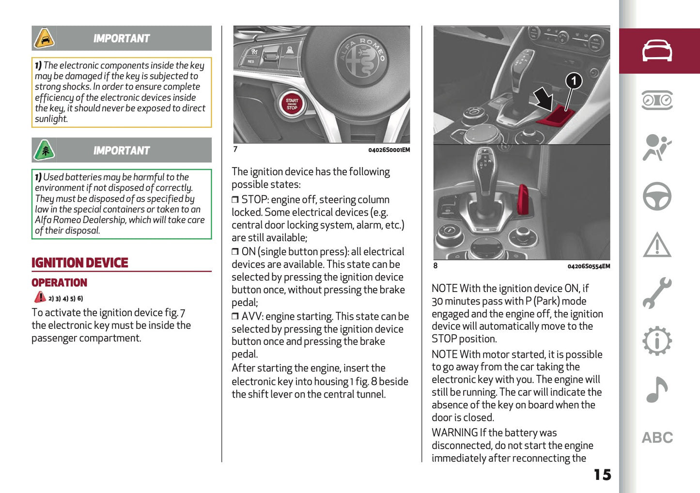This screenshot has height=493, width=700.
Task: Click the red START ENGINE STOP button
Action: coord(292,104)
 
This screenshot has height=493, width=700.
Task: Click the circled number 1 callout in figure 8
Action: coord(574,81)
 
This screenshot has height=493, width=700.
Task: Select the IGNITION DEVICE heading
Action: coord(80,263)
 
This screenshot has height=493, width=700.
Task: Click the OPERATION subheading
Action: coord(59,283)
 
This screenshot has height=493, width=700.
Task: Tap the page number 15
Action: coord(602,475)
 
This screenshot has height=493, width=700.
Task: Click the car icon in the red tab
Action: coord(657,51)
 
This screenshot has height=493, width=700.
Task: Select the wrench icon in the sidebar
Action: coord(657,293)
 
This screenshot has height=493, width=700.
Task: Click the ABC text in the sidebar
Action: coord(657,438)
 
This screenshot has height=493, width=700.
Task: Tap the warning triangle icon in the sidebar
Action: coord(657,245)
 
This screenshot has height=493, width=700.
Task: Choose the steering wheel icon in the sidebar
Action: coord(657,196)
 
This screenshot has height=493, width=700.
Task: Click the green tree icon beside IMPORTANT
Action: coord(45,151)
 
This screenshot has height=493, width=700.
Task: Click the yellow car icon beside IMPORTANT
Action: coord(45,39)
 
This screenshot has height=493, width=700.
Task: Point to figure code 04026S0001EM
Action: coord(389,150)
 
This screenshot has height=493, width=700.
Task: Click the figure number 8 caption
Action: coord(435,266)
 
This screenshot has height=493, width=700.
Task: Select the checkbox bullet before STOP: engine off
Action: coord(235,200)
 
